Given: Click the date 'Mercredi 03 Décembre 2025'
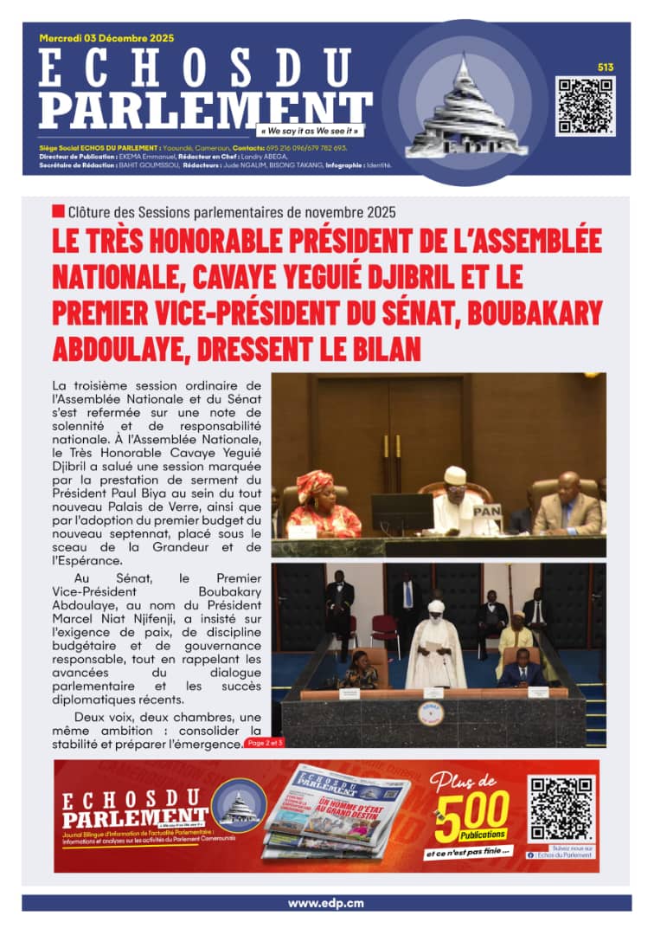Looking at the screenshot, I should pyautogui.click(x=106, y=38).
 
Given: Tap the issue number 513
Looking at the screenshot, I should pyautogui.click(x=605, y=67).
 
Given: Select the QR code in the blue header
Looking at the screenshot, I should pyautogui.click(x=585, y=106).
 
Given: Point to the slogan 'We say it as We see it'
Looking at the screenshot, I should pyautogui.click(x=310, y=131).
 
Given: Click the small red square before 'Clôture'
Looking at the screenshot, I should pyautogui.click(x=58, y=211).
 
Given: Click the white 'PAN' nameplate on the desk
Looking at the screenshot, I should pyautogui.click(x=486, y=512).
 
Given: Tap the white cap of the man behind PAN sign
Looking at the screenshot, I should pyautogui.click(x=455, y=474).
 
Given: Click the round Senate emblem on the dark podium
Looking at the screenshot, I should pyautogui.click(x=431, y=713).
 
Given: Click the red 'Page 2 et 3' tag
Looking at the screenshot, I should pyautogui.click(x=264, y=742).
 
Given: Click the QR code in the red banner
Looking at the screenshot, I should pyautogui.click(x=561, y=809).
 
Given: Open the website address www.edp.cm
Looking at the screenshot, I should pyautogui.click(x=326, y=903).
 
